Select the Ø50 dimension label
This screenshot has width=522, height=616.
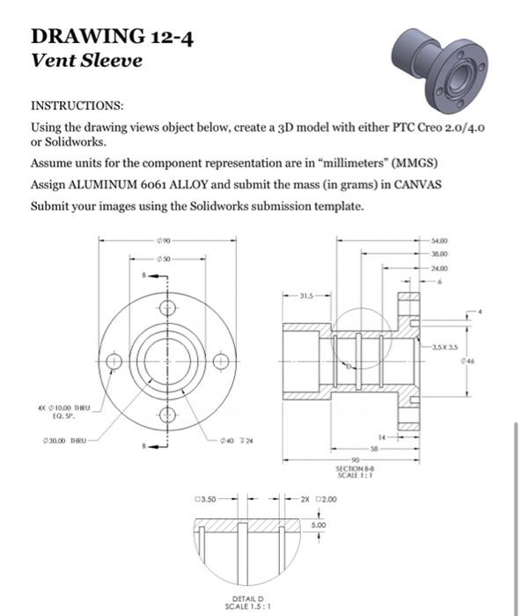point(166,259)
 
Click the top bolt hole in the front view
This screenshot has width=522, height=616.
point(167,309)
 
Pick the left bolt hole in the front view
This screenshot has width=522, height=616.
point(114,362)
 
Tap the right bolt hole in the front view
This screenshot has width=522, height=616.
point(221,362)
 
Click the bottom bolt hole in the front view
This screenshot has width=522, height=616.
point(167,415)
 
